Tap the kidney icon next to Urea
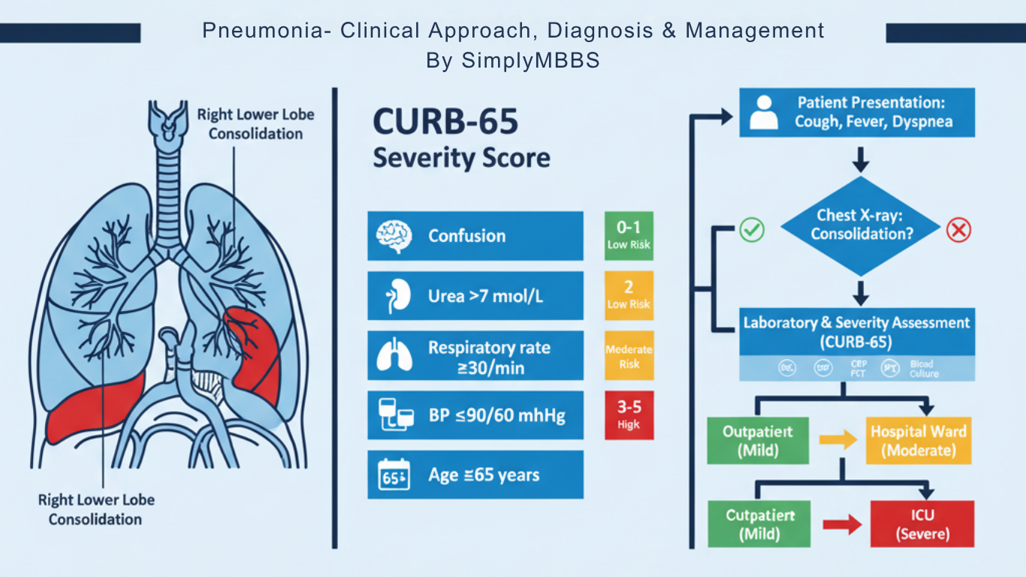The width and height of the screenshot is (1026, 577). pyautogui.click(x=392, y=296)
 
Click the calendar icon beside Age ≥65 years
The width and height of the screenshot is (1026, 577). pyautogui.click(x=393, y=475)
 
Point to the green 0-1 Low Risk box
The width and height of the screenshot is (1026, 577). pyautogui.click(x=629, y=235)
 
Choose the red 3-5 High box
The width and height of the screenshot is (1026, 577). pyautogui.click(x=629, y=415)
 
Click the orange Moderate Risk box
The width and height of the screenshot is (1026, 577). pyautogui.click(x=629, y=355)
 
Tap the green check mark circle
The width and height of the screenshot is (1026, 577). pyautogui.click(x=752, y=230)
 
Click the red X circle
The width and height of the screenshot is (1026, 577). pyautogui.click(x=958, y=230)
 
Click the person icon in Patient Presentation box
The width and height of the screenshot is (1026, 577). pyautogui.click(x=765, y=113)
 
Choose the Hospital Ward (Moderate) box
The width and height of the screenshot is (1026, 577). pyautogui.click(x=919, y=440)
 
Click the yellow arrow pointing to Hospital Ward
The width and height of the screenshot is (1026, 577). pyautogui.click(x=837, y=440)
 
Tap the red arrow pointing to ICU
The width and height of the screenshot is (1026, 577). pyautogui.click(x=841, y=525)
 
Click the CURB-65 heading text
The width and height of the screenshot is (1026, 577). pyautogui.click(x=445, y=122)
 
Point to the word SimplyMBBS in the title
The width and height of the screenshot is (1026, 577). pyautogui.click(x=530, y=61)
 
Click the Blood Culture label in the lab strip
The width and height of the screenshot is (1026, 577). pyautogui.click(x=923, y=368)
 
